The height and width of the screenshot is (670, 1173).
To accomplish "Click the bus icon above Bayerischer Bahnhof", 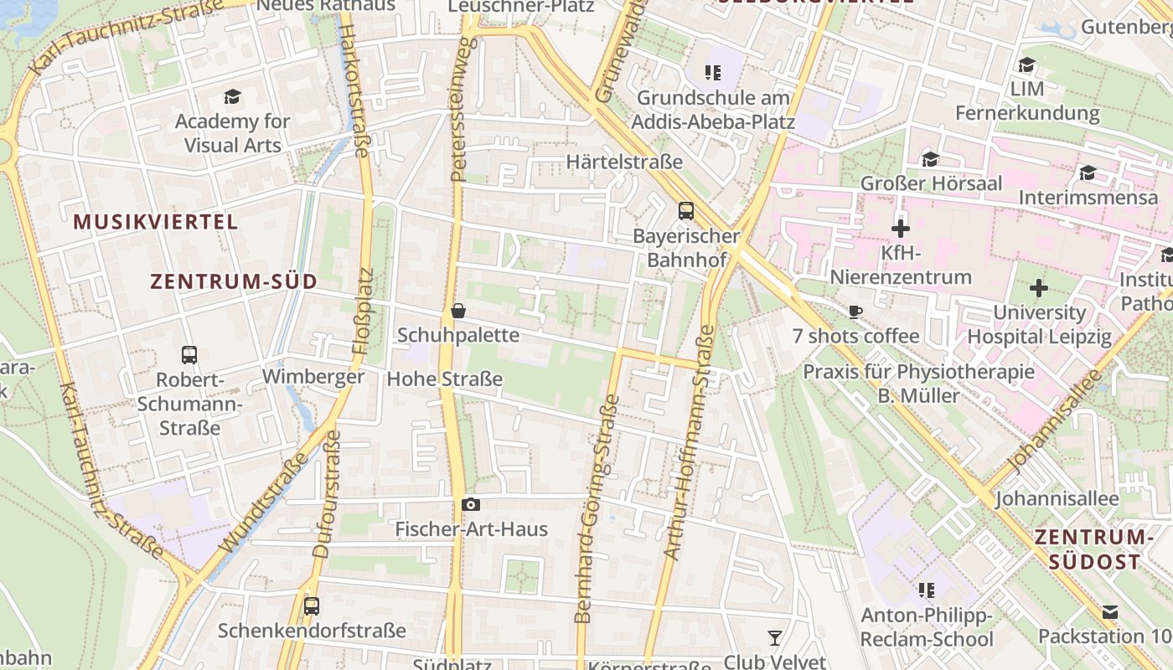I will point(686,210).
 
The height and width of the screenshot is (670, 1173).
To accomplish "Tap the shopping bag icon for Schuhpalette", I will point(458,311).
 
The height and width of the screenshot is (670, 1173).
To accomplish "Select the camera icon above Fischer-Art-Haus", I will point(471,504).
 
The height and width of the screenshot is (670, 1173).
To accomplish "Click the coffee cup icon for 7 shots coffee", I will point(855,312).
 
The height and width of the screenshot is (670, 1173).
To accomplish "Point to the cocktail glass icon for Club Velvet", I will point(775,638).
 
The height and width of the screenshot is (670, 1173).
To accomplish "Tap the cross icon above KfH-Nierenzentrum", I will point(901,228).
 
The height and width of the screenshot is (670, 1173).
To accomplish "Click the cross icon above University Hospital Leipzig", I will point(1039,288).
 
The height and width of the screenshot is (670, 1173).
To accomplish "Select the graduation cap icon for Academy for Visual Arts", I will point(232,96).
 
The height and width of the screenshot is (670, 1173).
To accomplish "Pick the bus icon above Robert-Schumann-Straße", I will point(189,354).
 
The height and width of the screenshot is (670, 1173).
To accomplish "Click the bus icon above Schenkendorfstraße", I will point(312,606).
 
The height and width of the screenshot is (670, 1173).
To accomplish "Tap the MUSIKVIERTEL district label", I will point(156,222).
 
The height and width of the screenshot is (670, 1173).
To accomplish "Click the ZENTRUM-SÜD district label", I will point(234,281).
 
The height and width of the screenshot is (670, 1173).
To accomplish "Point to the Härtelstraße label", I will point(624,162).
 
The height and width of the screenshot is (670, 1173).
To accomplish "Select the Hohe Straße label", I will point(444,379).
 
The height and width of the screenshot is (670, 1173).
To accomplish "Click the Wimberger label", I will point(313,377).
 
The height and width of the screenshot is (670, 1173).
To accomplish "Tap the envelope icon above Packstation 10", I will point(1110,612).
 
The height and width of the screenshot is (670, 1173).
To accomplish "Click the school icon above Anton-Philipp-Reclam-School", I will point(927,590).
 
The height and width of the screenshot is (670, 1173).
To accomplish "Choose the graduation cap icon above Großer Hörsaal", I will point(930,159).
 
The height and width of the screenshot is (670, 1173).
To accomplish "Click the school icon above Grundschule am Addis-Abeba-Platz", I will point(713,73).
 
